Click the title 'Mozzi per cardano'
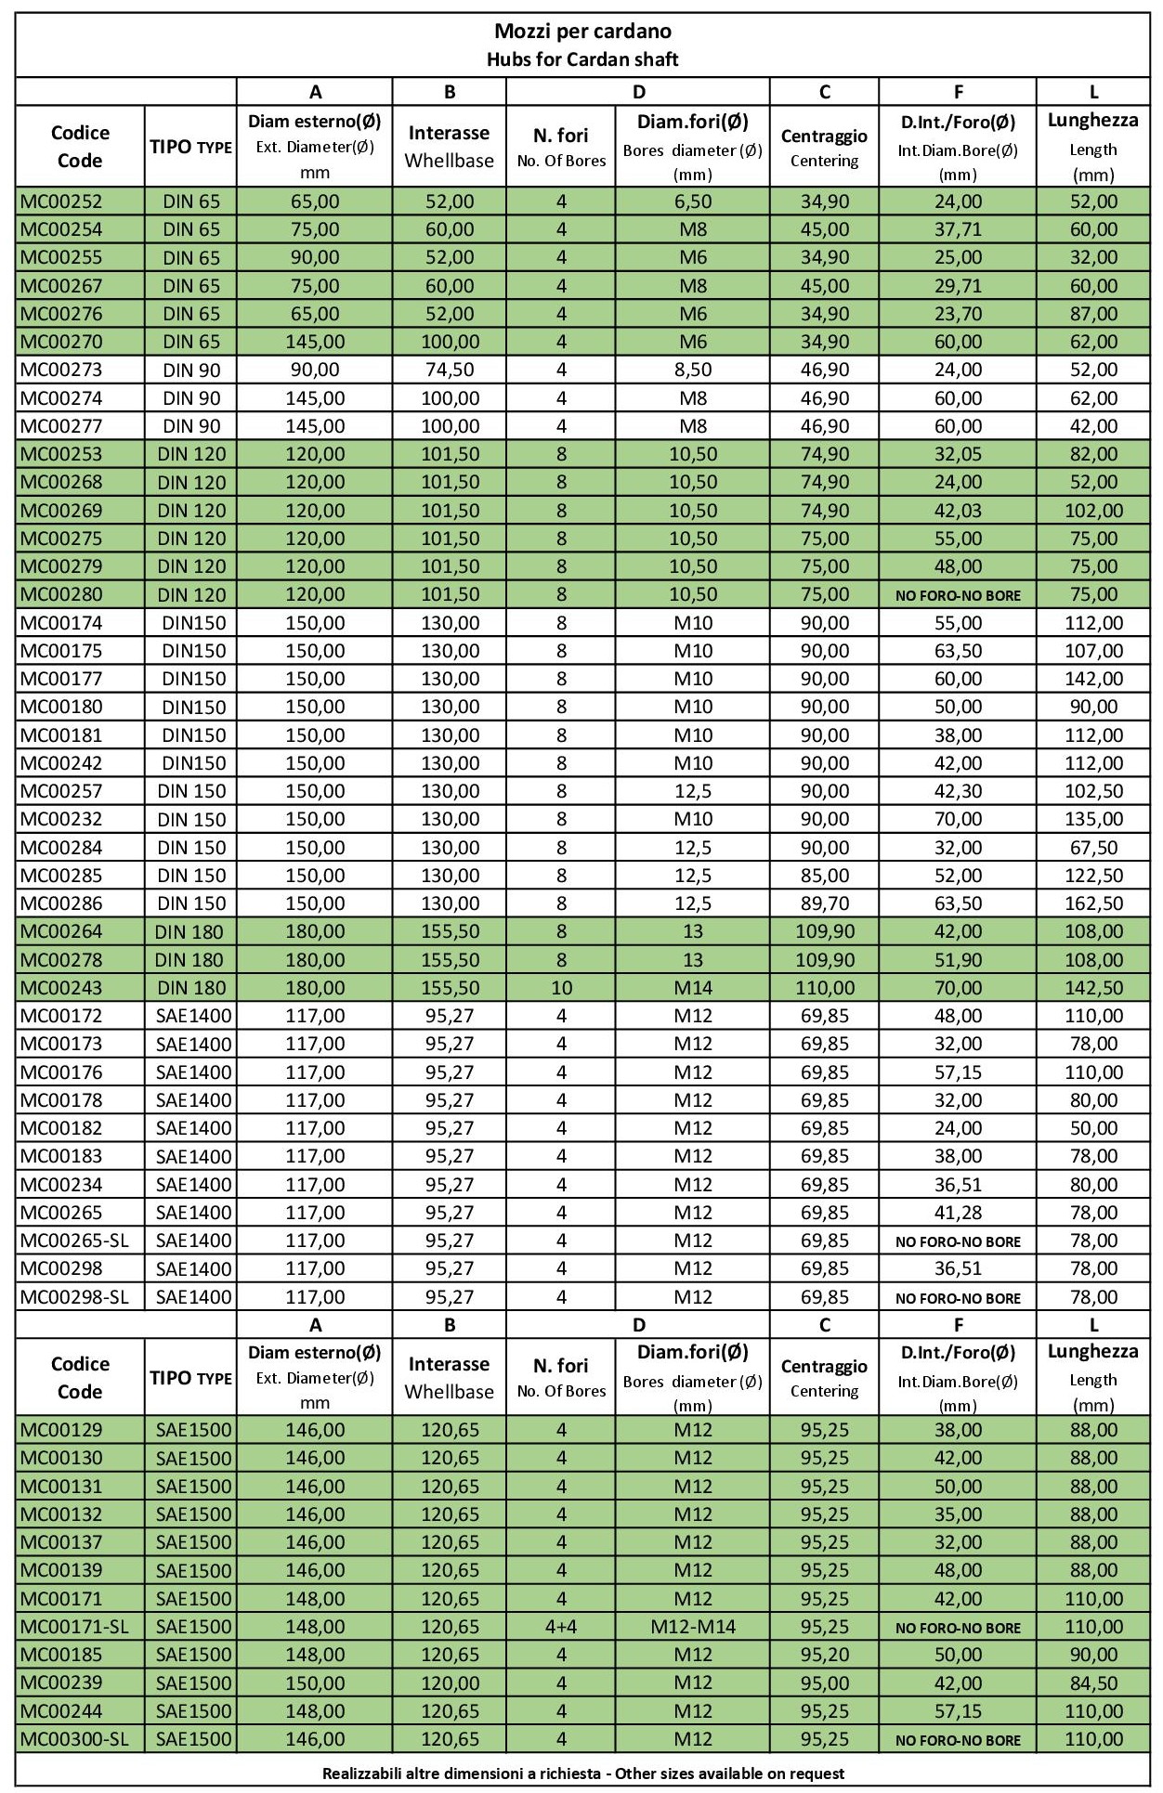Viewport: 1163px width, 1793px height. (x=582, y=32)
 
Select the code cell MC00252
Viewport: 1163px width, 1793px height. (x=62, y=201)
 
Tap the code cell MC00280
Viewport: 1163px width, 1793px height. (x=62, y=594)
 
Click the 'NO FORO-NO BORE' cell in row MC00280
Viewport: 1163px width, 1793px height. (x=958, y=595)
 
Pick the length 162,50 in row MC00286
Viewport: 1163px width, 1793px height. (x=1093, y=903)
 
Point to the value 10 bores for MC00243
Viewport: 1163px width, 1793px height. (x=561, y=988)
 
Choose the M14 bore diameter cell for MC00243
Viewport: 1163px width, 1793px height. (x=693, y=988)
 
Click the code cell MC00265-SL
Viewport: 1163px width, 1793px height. (x=74, y=1241)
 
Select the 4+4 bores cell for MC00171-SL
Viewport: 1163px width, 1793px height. (x=561, y=1627)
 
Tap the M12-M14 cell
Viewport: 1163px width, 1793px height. (x=693, y=1627)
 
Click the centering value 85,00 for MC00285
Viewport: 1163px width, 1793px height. (x=825, y=876)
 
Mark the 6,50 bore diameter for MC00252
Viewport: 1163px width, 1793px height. (x=693, y=201)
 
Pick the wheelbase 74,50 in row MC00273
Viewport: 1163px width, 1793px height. (x=450, y=370)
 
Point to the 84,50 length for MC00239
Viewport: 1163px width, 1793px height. (x=1093, y=1683)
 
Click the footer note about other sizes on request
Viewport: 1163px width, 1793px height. (x=582, y=1773)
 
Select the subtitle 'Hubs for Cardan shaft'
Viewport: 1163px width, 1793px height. (x=582, y=59)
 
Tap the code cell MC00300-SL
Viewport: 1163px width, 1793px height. (x=74, y=1739)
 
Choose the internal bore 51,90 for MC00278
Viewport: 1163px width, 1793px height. (x=958, y=960)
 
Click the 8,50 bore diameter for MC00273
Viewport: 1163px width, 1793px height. (x=693, y=370)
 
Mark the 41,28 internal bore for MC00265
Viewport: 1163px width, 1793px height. (x=958, y=1213)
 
